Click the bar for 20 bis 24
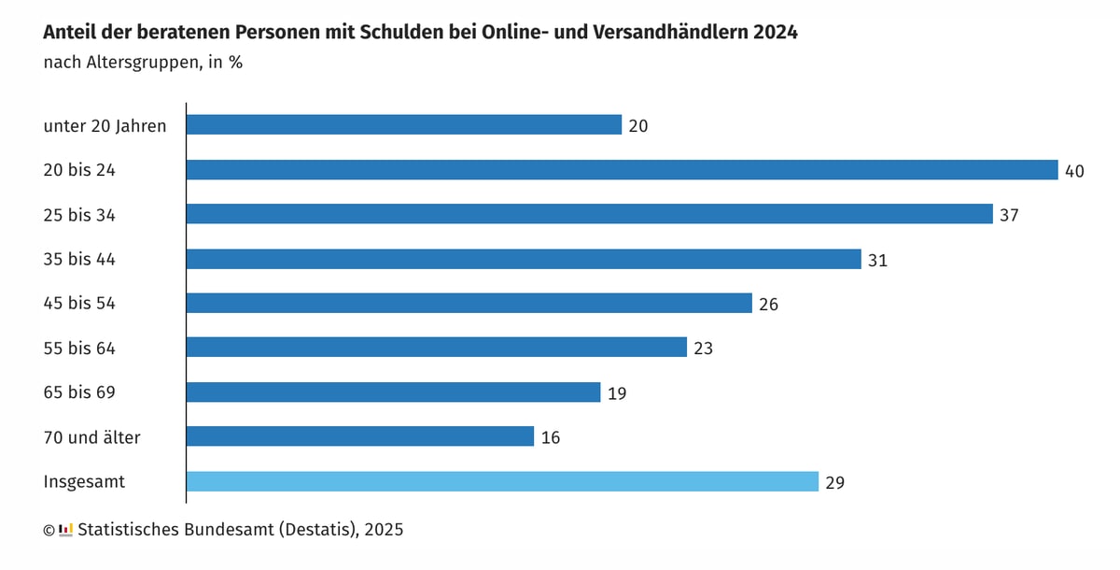pyautogui.click(x=622, y=170)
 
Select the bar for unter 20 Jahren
pyautogui.click(x=403, y=125)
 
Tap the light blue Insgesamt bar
pyautogui.click(x=502, y=481)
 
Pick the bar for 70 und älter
pyautogui.click(x=359, y=436)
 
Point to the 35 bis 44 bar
pyautogui.click(x=523, y=259)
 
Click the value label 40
pyautogui.click(x=1074, y=171)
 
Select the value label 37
pyautogui.click(x=1009, y=215)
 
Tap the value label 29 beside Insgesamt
pyautogui.click(x=835, y=482)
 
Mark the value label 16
pyautogui.click(x=551, y=437)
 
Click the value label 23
pyautogui.click(x=703, y=349)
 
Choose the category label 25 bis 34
pyautogui.click(x=79, y=215)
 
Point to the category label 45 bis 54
pyautogui.click(x=79, y=304)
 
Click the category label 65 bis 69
pyautogui.click(x=79, y=392)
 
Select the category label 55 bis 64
pyautogui.click(x=79, y=349)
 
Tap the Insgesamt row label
pyautogui.click(x=84, y=482)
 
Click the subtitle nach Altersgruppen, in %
pyautogui.click(x=143, y=64)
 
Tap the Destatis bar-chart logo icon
pyautogui.click(x=65, y=530)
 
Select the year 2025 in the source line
pyautogui.click(x=385, y=530)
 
